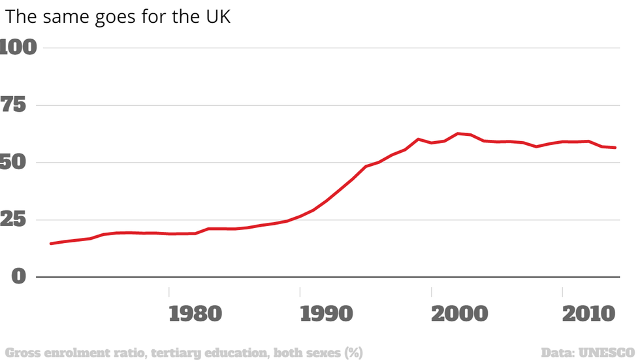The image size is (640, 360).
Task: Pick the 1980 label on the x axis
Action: coord(195,314)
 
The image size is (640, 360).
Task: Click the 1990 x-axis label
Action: coord(327,314)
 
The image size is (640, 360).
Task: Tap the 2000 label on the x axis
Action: coord(459,314)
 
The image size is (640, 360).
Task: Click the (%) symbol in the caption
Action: coord(353,353)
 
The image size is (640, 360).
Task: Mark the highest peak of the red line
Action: coord(458,133)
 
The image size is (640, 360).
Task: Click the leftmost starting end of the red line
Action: coord(50,244)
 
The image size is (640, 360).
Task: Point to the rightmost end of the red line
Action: coord(615,148)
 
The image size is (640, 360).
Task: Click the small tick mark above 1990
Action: coord(300,291)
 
